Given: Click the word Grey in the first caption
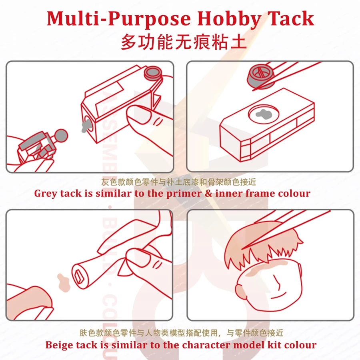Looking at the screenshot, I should pyautogui.click(x=46, y=194).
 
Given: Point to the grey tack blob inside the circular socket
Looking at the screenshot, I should pyautogui.click(x=264, y=114).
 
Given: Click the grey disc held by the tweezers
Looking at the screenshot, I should pyautogui.click(x=259, y=77).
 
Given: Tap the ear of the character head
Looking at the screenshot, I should pyautogui.click(x=240, y=289).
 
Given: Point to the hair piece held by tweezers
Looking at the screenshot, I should pyautogui.click(x=260, y=246).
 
